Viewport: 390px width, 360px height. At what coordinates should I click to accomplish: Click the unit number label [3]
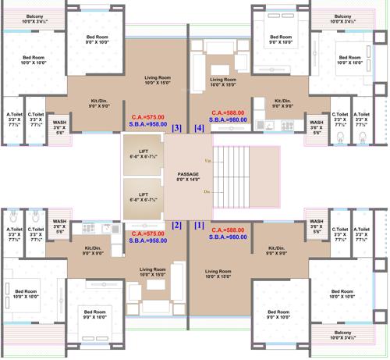click(177, 128)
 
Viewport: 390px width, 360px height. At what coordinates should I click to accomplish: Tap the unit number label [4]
click(199, 128)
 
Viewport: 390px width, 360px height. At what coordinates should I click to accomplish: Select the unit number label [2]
click(176, 225)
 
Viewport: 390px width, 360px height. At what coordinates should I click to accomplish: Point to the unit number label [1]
click(199, 225)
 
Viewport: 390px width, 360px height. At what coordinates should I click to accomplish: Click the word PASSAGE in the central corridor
click(188, 174)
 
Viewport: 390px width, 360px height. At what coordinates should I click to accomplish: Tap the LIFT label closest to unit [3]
click(143, 151)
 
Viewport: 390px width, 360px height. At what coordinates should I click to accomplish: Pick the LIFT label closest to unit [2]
click(143, 194)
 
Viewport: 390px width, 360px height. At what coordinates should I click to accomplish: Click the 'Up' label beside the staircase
click(207, 161)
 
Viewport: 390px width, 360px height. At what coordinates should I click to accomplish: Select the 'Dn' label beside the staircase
click(207, 191)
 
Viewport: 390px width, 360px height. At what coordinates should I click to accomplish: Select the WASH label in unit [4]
click(316, 123)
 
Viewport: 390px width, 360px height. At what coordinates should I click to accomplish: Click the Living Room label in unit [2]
click(152, 271)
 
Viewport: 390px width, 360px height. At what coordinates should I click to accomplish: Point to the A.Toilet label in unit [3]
click(13, 116)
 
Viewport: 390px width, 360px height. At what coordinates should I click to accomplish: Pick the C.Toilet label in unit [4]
click(339, 116)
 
